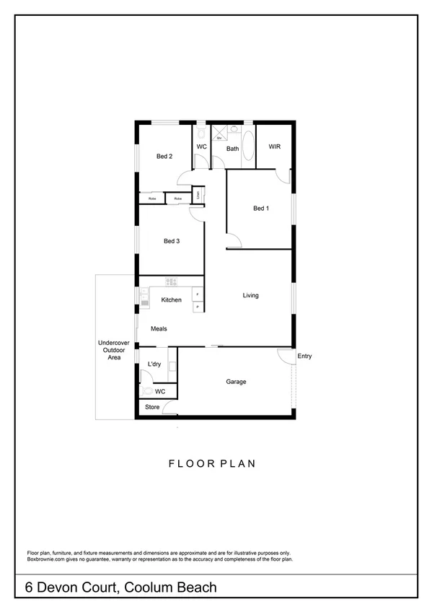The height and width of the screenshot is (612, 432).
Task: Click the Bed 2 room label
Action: click(164, 157)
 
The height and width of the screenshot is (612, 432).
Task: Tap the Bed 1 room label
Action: click(260, 209)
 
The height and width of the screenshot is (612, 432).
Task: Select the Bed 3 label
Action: click(171, 241)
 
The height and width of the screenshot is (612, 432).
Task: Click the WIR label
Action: click(274, 147)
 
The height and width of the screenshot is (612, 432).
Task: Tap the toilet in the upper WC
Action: click(201, 134)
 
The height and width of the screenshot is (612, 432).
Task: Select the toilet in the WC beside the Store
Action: click(149, 390)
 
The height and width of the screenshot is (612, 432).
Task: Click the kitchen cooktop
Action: click(172, 281)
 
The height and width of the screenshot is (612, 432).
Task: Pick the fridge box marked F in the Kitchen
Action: click(196, 295)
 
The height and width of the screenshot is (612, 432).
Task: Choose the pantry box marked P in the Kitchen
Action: click(196, 307)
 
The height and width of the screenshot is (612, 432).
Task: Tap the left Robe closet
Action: click(152, 198)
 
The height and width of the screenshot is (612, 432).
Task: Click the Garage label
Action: click(236, 382)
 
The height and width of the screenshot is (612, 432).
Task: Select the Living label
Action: click(250, 295)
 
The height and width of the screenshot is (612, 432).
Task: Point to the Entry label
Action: click(304, 356)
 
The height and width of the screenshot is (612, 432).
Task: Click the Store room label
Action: click(152, 408)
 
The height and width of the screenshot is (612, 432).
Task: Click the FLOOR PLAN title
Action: click(212, 463)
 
